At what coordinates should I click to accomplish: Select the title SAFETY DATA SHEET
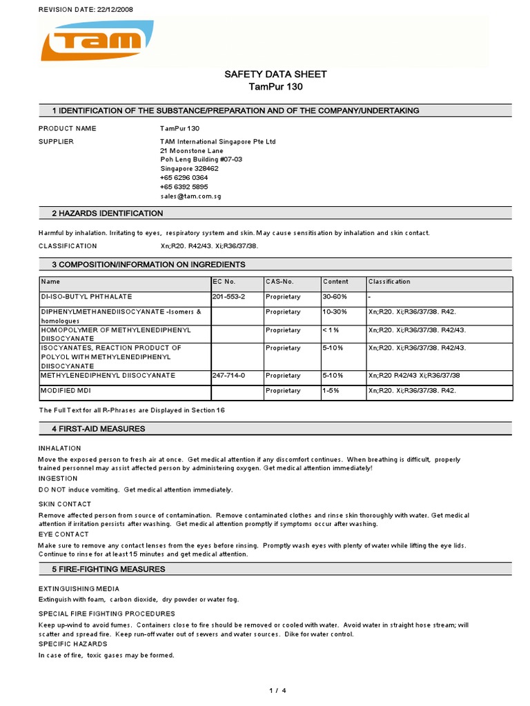click(x=276, y=74)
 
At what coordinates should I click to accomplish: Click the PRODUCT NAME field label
click(x=67, y=129)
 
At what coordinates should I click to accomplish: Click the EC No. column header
click(x=224, y=282)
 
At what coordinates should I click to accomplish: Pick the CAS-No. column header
click(x=279, y=282)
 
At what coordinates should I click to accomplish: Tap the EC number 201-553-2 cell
click(x=229, y=296)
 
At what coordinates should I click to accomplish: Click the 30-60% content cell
click(x=335, y=296)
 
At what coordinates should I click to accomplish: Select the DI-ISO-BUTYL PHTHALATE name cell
click(x=86, y=296)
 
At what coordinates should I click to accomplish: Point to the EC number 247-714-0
click(x=229, y=376)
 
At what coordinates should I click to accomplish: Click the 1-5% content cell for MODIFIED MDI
click(x=332, y=391)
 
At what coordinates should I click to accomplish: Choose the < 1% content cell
click(x=332, y=330)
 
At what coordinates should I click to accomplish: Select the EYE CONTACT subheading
click(x=63, y=534)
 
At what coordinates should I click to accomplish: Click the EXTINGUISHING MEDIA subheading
click(x=79, y=589)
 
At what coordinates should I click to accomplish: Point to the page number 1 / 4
click(x=276, y=690)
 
